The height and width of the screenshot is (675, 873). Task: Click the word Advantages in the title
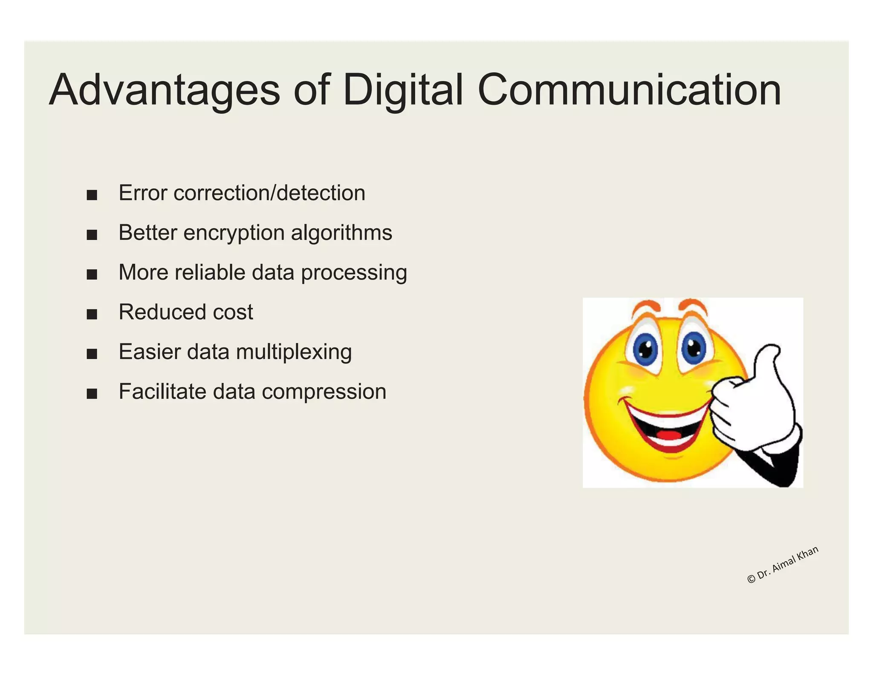click(165, 90)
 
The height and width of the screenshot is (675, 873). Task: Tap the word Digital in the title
click(402, 90)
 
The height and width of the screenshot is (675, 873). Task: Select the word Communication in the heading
click(629, 90)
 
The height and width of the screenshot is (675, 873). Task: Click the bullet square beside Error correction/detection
click(92, 195)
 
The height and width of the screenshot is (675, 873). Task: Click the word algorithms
click(341, 233)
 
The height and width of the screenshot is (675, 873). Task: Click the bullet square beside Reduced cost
click(92, 314)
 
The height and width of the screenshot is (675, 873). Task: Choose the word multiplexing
click(294, 352)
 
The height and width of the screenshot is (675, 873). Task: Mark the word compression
click(324, 392)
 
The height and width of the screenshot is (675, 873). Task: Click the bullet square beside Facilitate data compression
click(92, 394)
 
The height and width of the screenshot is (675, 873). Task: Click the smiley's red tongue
click(669, 436)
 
